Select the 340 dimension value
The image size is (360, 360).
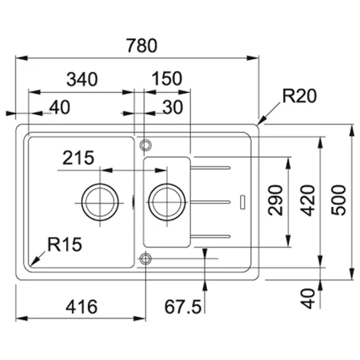coord(83,79)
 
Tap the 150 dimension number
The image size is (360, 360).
coord(167,79)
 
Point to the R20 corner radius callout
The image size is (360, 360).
coord(299,95)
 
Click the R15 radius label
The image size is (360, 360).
coord(65,244)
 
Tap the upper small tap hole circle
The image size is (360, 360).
coord(144,145)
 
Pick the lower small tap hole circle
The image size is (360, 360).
coord(144,259)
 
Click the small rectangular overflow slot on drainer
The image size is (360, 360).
coord(242,201)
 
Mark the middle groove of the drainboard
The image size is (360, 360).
coord(211,200)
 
